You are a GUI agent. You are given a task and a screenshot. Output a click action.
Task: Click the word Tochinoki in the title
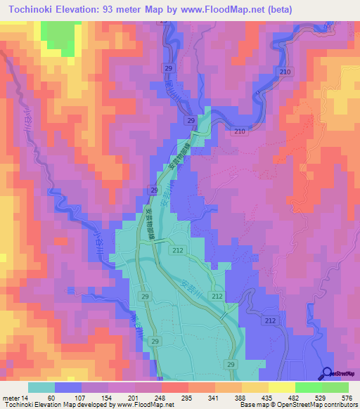pos(34,9)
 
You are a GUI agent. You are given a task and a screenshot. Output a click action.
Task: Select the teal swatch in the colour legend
pos(41,388)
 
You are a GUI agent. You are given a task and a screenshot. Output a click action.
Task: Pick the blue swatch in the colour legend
pos(68,388)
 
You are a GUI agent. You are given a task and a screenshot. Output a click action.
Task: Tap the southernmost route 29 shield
pos(231,364)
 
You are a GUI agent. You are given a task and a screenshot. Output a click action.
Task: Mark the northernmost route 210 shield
pos(285,72)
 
